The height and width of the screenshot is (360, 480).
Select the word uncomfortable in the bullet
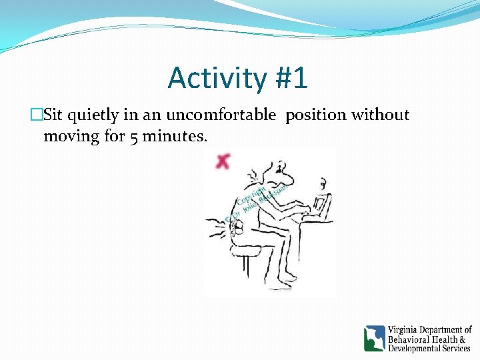coord(221,115)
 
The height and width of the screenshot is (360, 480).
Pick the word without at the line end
coord(381,115)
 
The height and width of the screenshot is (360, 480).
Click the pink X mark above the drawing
coord(222,160)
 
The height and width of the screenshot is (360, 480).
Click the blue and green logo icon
coord(374,338)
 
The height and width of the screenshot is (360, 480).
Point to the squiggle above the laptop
coord(323,183)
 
